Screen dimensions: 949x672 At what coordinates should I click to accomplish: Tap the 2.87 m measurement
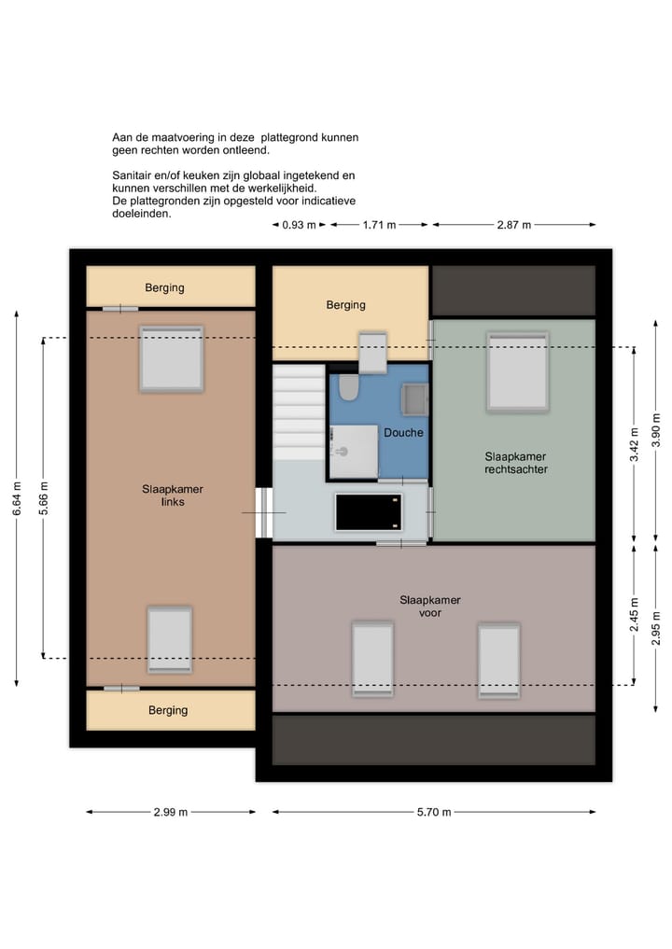pos(512,225)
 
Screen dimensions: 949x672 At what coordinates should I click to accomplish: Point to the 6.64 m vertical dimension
pos(17,504)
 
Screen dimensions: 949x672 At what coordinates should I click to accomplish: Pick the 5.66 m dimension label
pos(44,498)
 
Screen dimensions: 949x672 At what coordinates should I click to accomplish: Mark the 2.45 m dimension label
pos(634,615)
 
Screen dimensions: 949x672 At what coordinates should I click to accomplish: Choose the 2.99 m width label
pos(170,812)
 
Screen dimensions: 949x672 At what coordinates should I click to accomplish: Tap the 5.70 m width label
pos(433,812)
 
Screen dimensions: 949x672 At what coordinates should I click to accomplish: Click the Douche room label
pos(403,433)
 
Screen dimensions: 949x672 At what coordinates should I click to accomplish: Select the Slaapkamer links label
pos(172,495)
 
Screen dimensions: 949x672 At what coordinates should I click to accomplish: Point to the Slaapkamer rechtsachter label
pos(515,463)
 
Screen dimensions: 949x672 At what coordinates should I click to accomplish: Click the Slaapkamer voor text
pos(429,607)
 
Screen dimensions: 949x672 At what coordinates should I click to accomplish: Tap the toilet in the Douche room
pos(348,386)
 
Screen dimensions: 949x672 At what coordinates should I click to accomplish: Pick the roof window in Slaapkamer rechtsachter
pos(516,371)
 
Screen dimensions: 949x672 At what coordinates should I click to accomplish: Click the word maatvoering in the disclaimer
pos(184,137)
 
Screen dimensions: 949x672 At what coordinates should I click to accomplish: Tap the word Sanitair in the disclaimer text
pos(133,175)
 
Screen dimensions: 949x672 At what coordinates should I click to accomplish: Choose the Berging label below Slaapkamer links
pos(168,710)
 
